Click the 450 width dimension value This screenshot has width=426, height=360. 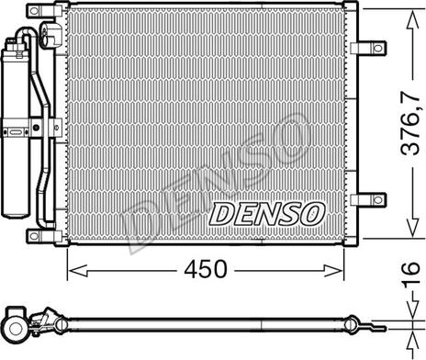coord(206,269)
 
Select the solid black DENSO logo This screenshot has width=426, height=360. coord(266,214)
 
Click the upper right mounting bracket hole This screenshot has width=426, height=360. coord(378,48)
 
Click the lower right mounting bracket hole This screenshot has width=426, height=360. coord(378,200)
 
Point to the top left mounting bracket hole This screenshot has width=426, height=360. coord(34,11)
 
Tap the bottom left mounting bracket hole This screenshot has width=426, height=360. coord(34,236)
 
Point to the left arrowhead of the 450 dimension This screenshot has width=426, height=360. coord(77,271)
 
